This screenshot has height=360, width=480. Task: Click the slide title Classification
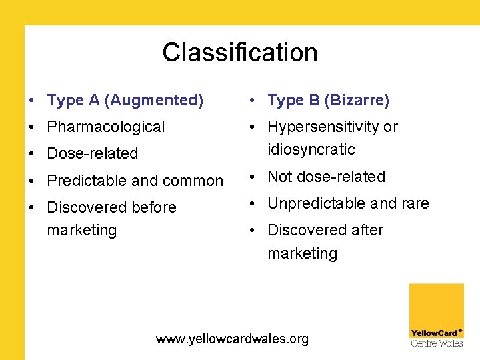(x=239, y=52)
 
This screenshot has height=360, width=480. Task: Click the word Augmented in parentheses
(x=154, y=101)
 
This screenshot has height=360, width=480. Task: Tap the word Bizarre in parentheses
(x=357, y=101)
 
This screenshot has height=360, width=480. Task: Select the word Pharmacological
(x=106, y=127)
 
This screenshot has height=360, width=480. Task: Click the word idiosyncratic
(x=311, y=149)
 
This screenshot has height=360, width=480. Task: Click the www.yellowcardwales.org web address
(x=232, y=339)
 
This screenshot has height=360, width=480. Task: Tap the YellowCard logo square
(x=436, y=314)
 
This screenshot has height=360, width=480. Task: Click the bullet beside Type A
(x=31, y=101)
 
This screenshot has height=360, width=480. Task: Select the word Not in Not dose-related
(x=280, y=177)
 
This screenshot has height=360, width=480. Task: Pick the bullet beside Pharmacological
(x=31, y=127)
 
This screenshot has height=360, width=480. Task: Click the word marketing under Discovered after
(x=302, y=253)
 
